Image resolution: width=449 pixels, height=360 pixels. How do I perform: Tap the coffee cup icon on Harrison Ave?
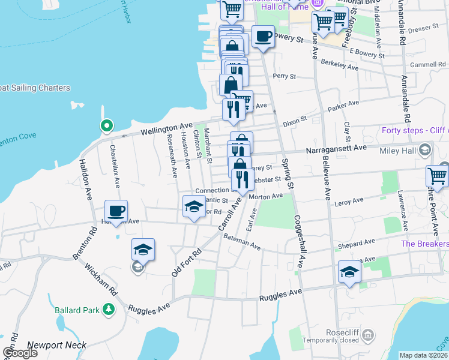pyautogui.click(x=116, y=211)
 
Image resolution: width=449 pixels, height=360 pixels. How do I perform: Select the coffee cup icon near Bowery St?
pyautogui.click(x=263, y=37)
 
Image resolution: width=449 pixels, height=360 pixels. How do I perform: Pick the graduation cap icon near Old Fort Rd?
pyautogui.click(x=143, y=250)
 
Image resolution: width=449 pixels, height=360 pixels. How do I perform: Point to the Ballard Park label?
pyautogui.click(x=76, y=310)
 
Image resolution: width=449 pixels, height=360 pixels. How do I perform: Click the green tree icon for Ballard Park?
pyautogui.click(x=109, y=310)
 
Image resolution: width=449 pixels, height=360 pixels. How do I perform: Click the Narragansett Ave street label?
pyautogui.click(x=336, y=148)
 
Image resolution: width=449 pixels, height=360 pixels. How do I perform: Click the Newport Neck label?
pyautogui.click(x=57, y=345)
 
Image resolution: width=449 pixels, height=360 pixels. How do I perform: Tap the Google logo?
pyautogui.click(x=20, y=353)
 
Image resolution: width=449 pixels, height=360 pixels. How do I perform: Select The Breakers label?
pyautogui.click(x=424, y=244)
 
